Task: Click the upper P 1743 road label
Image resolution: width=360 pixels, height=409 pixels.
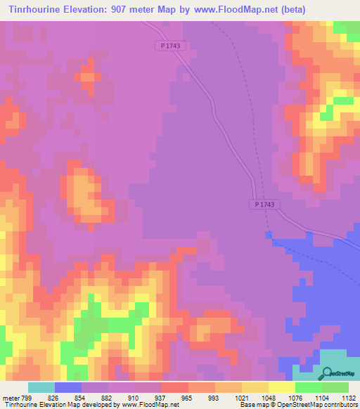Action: [167, 46]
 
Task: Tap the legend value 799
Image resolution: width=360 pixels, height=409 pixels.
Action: [27, 398]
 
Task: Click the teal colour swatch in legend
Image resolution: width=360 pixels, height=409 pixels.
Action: [41, 387]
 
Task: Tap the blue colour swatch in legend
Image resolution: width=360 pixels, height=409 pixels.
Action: [68, 387]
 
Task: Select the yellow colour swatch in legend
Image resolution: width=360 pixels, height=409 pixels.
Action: [282, 387]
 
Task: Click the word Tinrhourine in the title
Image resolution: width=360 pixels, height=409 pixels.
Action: [36, 9]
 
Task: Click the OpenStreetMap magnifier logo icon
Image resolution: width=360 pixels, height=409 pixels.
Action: [328, 373]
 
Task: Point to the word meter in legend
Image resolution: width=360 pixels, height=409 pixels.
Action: [10, 398]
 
